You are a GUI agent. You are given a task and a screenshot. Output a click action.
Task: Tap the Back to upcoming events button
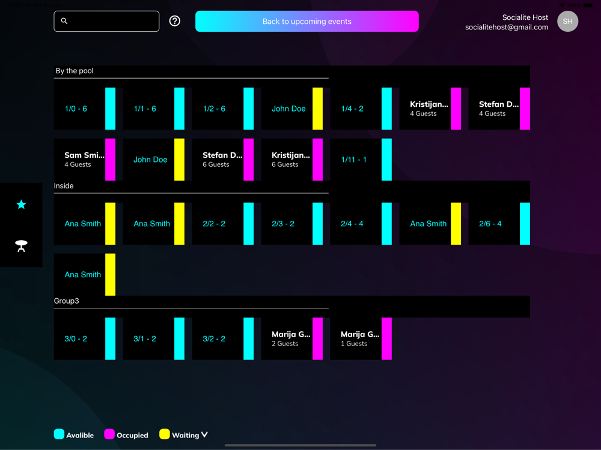[x=307, y=22]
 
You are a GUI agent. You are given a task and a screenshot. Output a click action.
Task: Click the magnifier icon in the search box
[x=64, y=21]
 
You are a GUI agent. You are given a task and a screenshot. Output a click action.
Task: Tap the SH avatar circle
[x=567, y=21]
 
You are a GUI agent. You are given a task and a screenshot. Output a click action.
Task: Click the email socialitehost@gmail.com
[x=506, y=27]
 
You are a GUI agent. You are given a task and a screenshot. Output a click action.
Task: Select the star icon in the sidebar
[x=21, y=205]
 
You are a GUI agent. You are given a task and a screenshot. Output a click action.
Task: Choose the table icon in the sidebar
[x=21, y=245]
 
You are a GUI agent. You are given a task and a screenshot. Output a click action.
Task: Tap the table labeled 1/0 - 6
[x=84, y=109]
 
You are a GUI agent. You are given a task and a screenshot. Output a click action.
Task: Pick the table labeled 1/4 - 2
[x=361, y=109]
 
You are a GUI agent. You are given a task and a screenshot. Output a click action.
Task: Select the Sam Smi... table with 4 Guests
[x=84, y=160]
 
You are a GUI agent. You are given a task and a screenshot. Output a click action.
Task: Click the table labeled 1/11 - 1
[x=361, y=160]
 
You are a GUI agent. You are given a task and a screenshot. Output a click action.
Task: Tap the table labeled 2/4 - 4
[x=361, y=224]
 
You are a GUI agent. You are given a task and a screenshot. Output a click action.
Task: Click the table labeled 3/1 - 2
[x=153, y=339]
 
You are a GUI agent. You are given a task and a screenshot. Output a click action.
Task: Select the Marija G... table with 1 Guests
[x=361, y=339]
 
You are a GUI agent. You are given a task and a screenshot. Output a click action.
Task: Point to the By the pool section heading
[x=75, y=71]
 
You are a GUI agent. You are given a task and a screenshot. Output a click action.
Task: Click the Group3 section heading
[x=67, y=301]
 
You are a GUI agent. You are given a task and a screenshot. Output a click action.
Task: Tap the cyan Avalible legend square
[x=59, y=434]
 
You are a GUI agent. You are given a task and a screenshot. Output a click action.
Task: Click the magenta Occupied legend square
[x=109, y=434]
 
